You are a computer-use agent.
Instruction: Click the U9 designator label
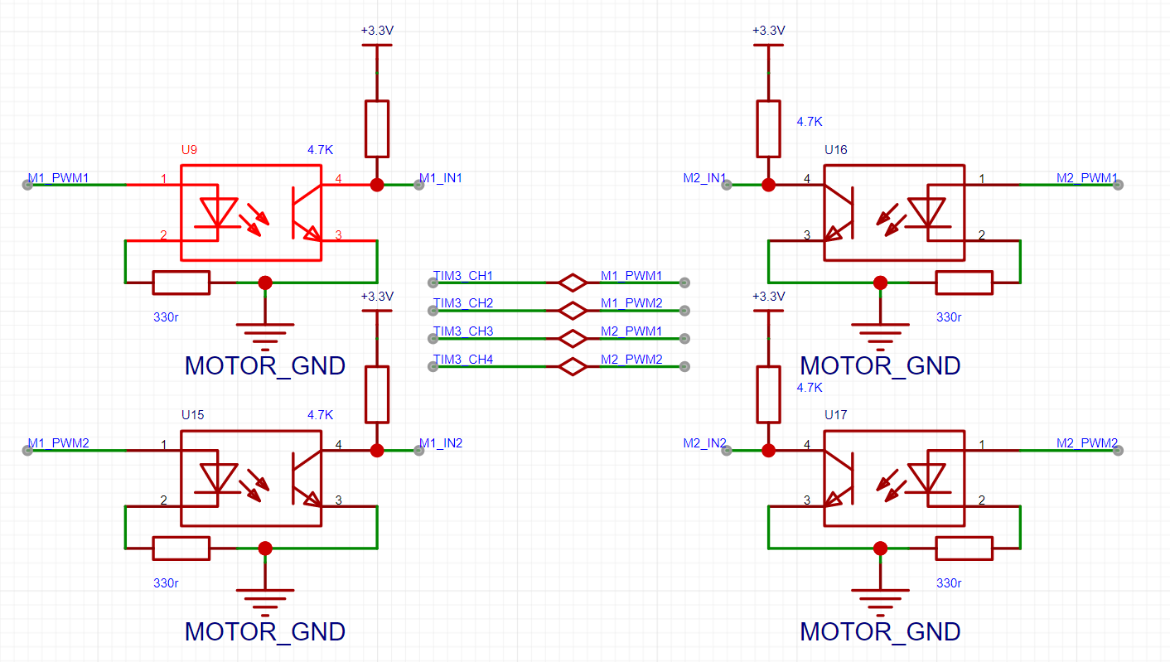coord(189,150)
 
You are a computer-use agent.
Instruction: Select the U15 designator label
coord(192,415)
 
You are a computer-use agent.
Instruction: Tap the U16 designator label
coord(836,150)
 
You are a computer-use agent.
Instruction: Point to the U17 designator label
coord(836,415)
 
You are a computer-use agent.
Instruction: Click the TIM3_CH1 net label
coord(462,275)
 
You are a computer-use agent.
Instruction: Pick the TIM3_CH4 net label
coord(462,360)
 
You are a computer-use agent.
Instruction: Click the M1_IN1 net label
coord(441,178)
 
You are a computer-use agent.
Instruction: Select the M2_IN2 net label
coord(704,443)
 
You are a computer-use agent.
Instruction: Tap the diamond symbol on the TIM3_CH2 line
coord(573,311)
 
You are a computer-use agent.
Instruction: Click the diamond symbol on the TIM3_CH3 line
coord(573,338)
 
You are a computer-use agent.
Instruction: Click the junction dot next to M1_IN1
coord(377,185)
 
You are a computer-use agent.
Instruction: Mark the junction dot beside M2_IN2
coord(768,451)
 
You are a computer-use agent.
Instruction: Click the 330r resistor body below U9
coord(181,283)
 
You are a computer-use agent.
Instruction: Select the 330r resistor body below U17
coord(965,548)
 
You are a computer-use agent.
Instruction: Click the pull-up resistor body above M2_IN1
coord(768,129)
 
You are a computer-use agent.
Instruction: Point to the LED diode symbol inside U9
coord(218,213)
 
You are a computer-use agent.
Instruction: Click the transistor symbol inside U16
coord(839,213)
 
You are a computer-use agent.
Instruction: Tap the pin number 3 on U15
coord(338,500)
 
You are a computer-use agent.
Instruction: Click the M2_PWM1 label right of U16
coord(1087,178)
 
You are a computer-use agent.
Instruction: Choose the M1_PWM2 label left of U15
coord(59,443)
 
